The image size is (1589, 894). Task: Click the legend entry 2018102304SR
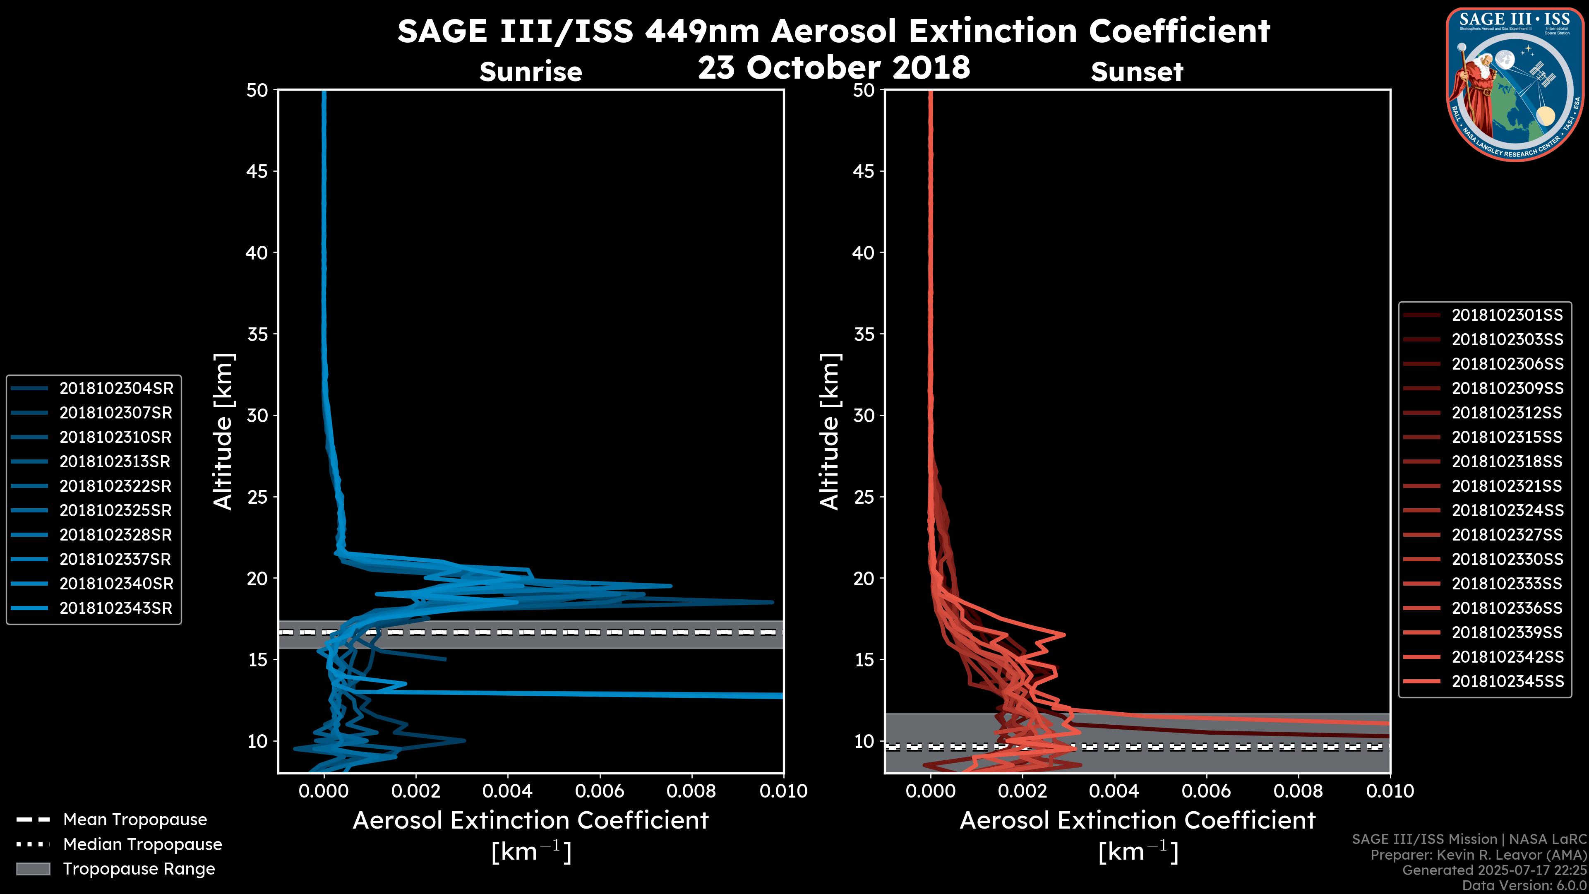116,388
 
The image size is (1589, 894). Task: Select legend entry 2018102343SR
116,608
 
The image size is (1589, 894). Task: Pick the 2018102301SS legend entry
1507,315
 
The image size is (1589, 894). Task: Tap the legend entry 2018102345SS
1507,681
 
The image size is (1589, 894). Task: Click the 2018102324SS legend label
1507,510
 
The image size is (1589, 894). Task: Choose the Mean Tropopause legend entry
134,819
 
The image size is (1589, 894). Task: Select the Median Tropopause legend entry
142,844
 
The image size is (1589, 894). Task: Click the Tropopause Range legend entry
139,869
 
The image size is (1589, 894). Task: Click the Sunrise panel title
530,72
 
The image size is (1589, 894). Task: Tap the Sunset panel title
1137,72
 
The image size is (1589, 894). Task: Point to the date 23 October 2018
834,67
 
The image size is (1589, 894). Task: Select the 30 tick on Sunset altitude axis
864,415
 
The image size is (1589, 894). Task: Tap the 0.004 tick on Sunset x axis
1114,791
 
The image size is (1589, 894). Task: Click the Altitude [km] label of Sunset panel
830,432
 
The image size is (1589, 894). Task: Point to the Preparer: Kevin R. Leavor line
1479,855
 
